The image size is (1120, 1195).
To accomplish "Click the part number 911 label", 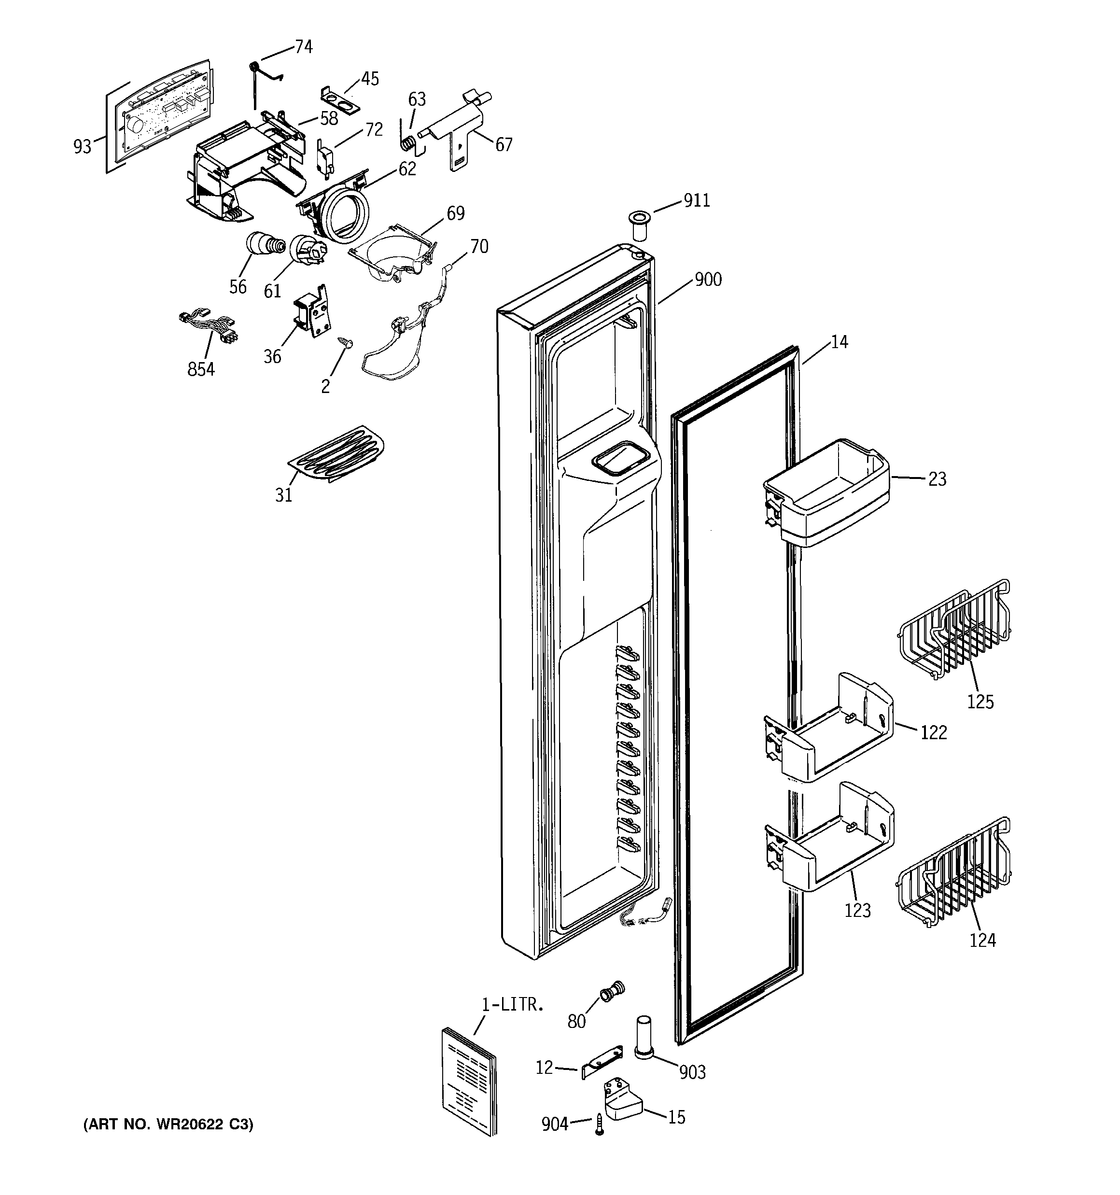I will [697, 201].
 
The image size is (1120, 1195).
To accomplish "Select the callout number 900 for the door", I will [708, 280].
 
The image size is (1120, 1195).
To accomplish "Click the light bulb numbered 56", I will [262, 245].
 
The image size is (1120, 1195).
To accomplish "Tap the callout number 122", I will [934, 732].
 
